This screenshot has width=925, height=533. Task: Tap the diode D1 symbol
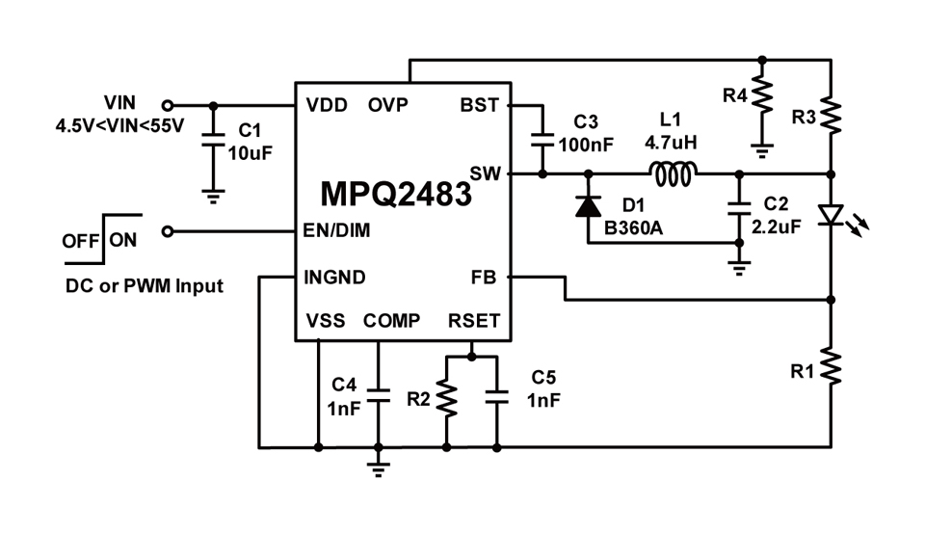[588, 205]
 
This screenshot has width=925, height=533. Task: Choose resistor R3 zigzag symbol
[831, 114]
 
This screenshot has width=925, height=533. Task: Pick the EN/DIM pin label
[336, 231]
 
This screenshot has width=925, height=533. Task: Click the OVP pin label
[387, 105]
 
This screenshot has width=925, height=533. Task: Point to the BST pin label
[479, 105]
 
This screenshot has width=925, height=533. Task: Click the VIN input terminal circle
[168, 105]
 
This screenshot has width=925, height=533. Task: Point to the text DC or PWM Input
[145, 285]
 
